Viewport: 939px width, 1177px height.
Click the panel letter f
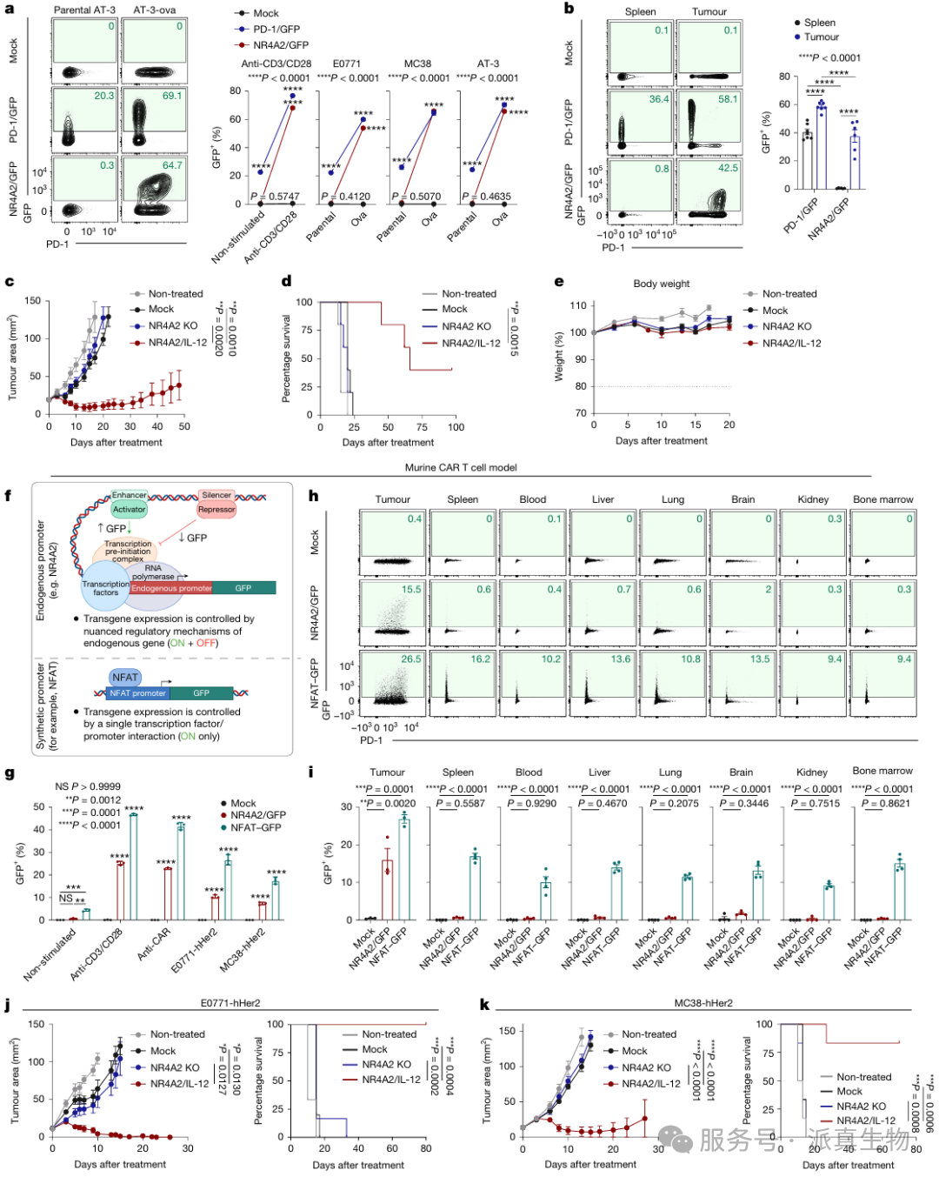(9, 496)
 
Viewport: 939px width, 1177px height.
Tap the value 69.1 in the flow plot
(172, 96)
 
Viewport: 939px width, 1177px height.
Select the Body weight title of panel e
(661, 284)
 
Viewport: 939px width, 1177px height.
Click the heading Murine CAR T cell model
(461, 467)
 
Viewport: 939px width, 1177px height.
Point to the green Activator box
(130, 510)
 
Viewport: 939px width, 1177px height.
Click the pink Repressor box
(216, 510)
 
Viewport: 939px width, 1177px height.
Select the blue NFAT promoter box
(137, 693)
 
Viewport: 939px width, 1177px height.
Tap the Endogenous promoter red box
(171, 588)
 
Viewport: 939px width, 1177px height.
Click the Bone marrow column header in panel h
(882, 499)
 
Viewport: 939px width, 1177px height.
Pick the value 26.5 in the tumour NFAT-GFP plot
(410, 659)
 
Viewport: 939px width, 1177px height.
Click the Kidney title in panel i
(811, 772)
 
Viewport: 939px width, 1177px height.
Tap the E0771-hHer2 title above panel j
(230, 1003)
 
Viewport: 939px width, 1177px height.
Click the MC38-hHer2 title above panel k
(703, 1003)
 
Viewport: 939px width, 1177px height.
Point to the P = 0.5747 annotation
(275, 197)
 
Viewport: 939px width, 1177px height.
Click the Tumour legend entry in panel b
(821, 37)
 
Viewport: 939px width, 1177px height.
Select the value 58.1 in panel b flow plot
(728, 99)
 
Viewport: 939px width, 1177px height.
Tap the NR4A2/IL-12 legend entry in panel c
(177, 343)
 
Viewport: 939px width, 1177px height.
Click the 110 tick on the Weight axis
(578, 305)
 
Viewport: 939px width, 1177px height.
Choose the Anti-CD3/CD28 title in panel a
(276, 64)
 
